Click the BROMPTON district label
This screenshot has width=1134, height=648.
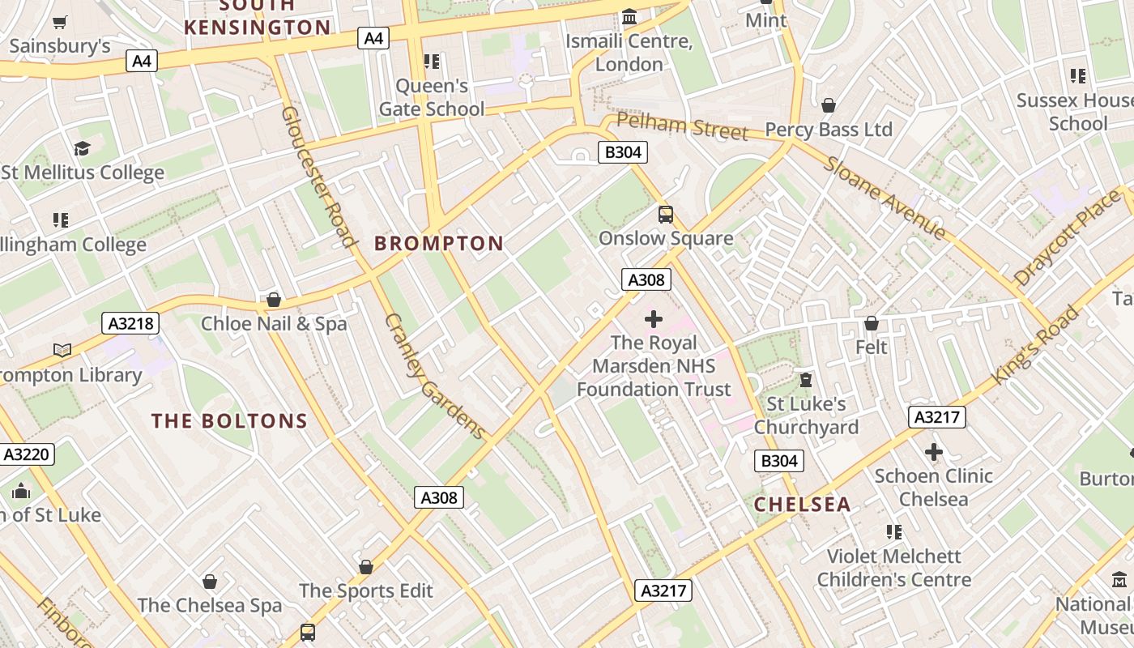(x=439, y=243)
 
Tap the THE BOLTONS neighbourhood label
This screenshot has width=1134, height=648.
(x=230, y=421)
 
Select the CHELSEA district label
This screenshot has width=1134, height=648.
(x=802, y=505)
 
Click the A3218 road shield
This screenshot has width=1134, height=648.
(x=131, y=324)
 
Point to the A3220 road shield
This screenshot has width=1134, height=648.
(x=27, y=454)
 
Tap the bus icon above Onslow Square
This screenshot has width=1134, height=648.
(x=666, y=215)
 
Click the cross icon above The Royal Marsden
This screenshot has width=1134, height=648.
(x=654, y=319)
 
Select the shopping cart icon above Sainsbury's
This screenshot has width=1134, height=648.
(x=59, y=22)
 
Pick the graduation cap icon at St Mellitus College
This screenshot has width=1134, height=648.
(x=82, y=148)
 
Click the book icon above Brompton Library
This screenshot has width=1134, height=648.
(x=62, y=351)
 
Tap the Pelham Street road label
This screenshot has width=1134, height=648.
(x=682, y=127)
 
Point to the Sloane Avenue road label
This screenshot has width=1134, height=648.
(x=885, y=198)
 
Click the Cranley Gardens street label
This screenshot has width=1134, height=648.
(x=434, y=377)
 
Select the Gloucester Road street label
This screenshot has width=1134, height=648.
(x=319, y=176)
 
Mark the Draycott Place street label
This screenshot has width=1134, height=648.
(x=1066, y=239)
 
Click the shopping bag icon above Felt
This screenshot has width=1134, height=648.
(x=872, y=323)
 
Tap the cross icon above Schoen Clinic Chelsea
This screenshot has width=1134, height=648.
(x=934, y=452)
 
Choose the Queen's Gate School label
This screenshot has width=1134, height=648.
(x=432, y=97)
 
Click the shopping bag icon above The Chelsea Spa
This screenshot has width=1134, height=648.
(x=210, y=582)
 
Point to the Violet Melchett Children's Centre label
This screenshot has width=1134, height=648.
(x=893, y=568)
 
